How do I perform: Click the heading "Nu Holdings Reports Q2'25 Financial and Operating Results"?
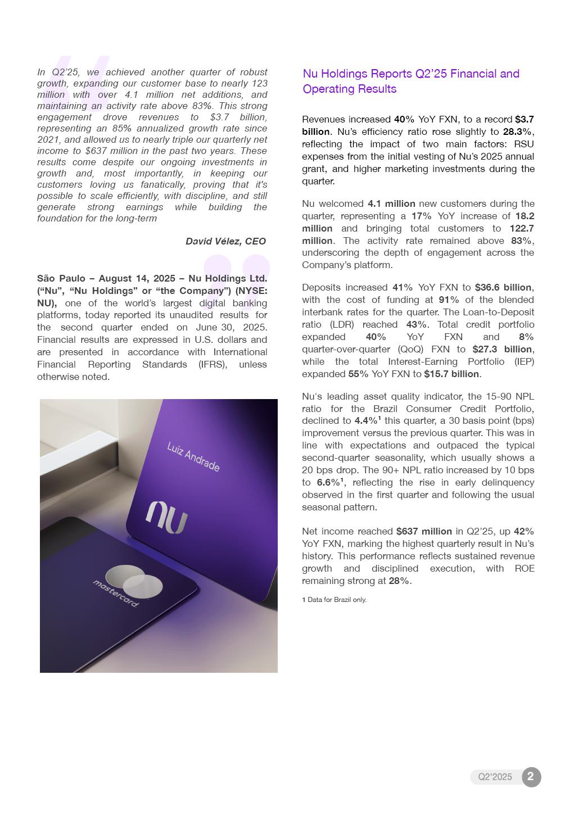pyautogui.click(x=411, y=81)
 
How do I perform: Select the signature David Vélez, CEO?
pyautogui.click(x=225, y=241)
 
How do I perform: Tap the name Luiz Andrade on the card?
pyautogui.click(x=193, y=456)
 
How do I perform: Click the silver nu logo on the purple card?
pyautogui.click(x=166, y=517)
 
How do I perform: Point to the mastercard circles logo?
pyautogui.click(x=134, y=581)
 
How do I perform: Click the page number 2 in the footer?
pyautogui.click(x=531, y=777)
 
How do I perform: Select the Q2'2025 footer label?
pyautogui.click(x=495, y=777)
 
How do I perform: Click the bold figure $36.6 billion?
pyautogui.click(x=503, y=287)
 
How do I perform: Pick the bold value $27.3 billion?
pyautogui.click(x=503, y=349)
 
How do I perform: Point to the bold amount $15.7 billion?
pyautogui.click(x=451, y=374)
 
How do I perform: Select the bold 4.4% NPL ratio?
pyautogui.click(x=365, y=420)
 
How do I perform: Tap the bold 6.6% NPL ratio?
pyautogui.click(x=328, y=482)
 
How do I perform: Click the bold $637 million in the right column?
pyautogui.click(x=424, y=531)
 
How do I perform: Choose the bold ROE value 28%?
pyautogui.click(x=399, y=581)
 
